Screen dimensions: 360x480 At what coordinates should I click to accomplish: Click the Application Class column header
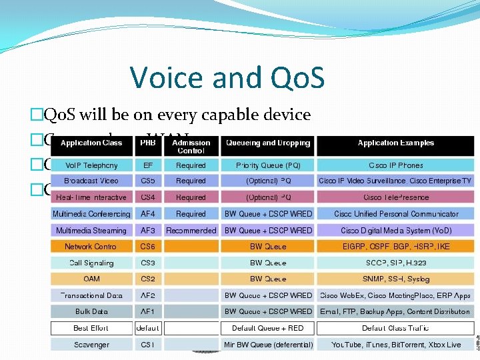point(91,143)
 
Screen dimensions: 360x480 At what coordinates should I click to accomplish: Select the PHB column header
point(147,143)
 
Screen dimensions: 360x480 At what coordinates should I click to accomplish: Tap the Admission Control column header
point(191,147)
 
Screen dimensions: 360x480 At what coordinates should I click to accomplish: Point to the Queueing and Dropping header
point(268,143)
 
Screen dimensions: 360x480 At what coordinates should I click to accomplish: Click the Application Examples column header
point(395,143)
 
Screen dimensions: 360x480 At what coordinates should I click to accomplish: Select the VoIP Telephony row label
point(91,165)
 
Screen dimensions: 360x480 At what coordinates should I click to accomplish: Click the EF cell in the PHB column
point(147,165)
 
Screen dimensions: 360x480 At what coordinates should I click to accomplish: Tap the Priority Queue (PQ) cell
point(268,165)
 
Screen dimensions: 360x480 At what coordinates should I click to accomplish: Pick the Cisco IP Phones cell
point(395,165)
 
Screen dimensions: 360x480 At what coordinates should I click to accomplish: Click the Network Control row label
point(91,247)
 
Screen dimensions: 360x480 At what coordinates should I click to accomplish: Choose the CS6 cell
point(147,247)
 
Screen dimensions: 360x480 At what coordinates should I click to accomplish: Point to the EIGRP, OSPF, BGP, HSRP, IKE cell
point(395,247)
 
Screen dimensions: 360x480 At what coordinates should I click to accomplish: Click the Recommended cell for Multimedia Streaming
point(191,231)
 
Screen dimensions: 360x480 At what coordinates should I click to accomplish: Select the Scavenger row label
point(91,345)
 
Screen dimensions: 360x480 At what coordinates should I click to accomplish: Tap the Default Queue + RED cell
point(268,328)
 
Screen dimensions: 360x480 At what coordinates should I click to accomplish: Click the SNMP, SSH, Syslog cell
point(395,279)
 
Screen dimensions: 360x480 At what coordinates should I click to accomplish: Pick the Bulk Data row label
point(91,311)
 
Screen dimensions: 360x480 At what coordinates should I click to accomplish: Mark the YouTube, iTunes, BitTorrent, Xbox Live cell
point(395,345)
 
